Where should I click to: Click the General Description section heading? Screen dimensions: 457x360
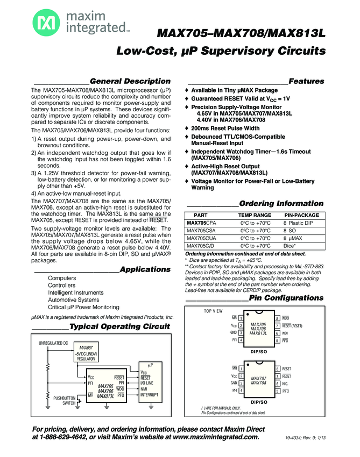(130, 81)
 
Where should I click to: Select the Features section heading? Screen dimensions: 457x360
(306, 81)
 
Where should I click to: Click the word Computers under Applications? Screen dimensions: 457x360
(62, 278)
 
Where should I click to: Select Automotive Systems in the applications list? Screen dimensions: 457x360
(73, 300)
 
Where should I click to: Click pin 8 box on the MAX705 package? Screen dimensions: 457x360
(277, 319)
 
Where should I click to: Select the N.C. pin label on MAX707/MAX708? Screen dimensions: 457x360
(286, 383)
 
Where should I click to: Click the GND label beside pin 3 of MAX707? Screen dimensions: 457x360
(234, 383)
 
